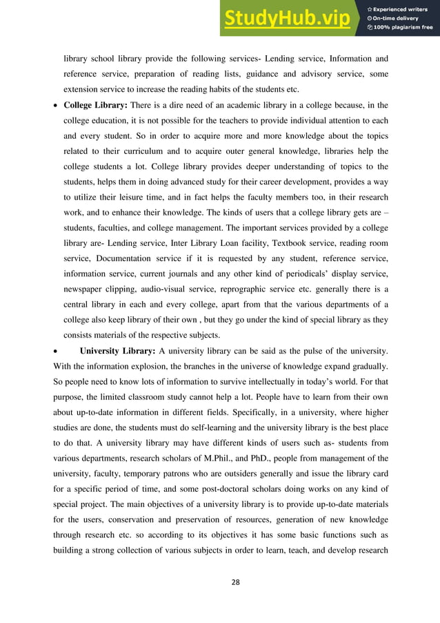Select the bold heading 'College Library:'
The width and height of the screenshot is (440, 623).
point(94,105)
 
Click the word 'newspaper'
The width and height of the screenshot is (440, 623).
point(83,288)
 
